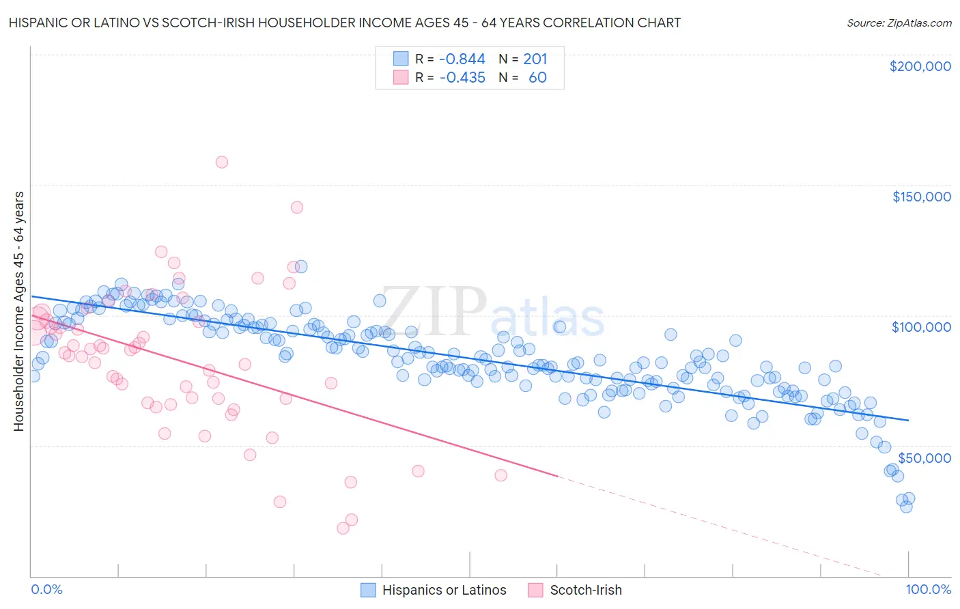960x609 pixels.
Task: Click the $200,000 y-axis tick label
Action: [920, 66]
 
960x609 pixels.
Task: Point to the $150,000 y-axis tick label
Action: [921, 197]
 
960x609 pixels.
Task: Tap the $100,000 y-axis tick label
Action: [921, 327]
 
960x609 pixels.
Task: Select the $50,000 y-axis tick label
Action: [924, 457]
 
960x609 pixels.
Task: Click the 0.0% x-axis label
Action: [47, 589]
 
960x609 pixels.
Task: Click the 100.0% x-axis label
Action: [928, 589]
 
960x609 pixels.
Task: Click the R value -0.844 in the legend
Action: [462, 59]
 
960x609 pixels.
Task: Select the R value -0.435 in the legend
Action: [462, 78]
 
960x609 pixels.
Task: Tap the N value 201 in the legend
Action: [535, 59]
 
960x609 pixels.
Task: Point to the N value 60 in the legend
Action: [537, 78]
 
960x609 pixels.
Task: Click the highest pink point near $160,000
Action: [221, 162]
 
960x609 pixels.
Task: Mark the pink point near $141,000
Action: [296, 207]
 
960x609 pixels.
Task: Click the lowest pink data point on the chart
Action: [343, 528]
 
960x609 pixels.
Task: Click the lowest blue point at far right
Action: [906, 507]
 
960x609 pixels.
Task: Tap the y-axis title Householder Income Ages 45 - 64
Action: [19, 311]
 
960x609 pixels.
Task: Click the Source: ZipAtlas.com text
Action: [899, 23]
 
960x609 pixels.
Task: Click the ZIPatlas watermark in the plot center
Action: [492, 313]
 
